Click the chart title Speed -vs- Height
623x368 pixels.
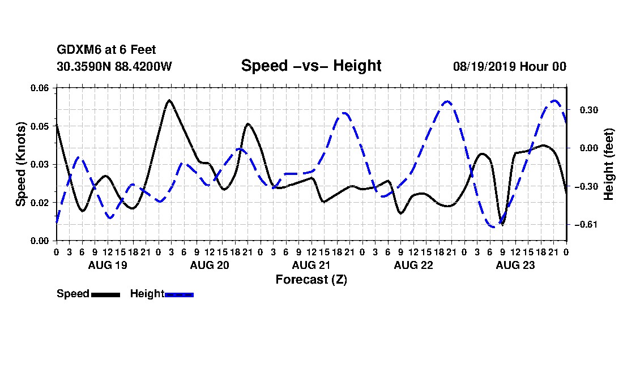coord(311,66)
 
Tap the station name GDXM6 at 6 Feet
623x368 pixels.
coord(106,50)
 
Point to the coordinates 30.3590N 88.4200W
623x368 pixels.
coord(114,66)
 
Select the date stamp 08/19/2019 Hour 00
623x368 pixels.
coord(510,66)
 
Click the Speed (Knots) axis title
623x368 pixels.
coord(20,164)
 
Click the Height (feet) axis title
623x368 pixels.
coord(609,164)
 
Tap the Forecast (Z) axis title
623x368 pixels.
coord(311,280)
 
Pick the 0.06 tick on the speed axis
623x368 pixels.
coord(39,88)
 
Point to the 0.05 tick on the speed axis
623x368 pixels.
coord(39,126)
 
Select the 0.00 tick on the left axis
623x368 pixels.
coord(39,241)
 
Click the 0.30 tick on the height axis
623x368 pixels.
coord(589,110)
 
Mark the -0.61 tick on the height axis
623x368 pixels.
coord(586,225)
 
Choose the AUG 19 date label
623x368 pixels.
coord(107,265)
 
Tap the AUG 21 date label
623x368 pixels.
coord(311,265)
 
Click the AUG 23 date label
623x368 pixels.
coord(515,265)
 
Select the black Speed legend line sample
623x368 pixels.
coord(105,294)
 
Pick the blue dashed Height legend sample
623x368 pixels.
coord(179,294)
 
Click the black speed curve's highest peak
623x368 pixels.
coord(170,100)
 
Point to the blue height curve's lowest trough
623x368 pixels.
coord(493,226)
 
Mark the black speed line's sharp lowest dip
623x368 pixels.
coord(502,224)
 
